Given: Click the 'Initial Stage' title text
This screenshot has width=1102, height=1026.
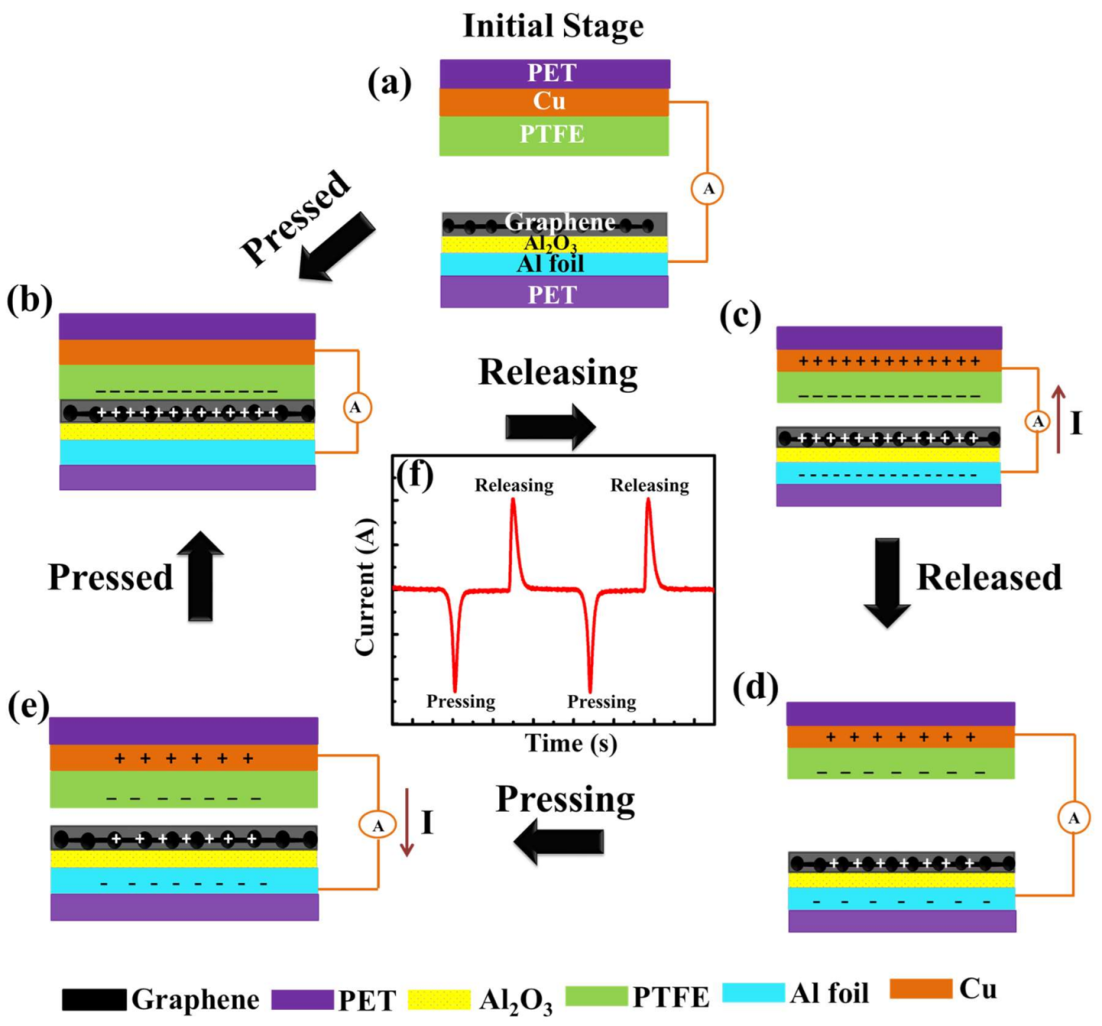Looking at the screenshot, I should (x=553, y=26).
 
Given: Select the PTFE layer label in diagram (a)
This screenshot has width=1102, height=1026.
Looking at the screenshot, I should (x=552, y=134).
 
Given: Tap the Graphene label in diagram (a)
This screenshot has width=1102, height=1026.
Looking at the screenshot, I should (x=559, y=222).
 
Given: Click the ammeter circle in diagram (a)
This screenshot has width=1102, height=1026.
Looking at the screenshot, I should (x=708, y=189).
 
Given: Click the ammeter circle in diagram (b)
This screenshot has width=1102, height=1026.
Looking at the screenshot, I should (x=356, y=407).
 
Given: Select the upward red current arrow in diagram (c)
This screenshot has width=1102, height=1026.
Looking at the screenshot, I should (x=1058, y=419).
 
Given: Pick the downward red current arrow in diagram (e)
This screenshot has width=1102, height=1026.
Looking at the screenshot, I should (x=407, y=821).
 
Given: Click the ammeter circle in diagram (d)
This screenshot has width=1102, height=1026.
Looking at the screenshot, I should (x=1074, y=817).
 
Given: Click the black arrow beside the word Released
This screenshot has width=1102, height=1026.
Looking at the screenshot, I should (x=887, y=582).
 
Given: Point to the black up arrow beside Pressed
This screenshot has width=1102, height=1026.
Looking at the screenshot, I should (x=200, y=577).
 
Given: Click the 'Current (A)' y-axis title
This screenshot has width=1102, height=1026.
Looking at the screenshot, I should (x=365, y=586).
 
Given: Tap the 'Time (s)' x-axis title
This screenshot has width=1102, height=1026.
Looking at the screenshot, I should (x=570, y=743).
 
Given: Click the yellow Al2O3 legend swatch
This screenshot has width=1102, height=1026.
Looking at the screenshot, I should (x=439, y=999).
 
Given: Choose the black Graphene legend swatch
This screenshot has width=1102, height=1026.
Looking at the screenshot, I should (x=94, y=999).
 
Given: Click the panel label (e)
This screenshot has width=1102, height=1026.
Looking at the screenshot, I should (x=28, y=706).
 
